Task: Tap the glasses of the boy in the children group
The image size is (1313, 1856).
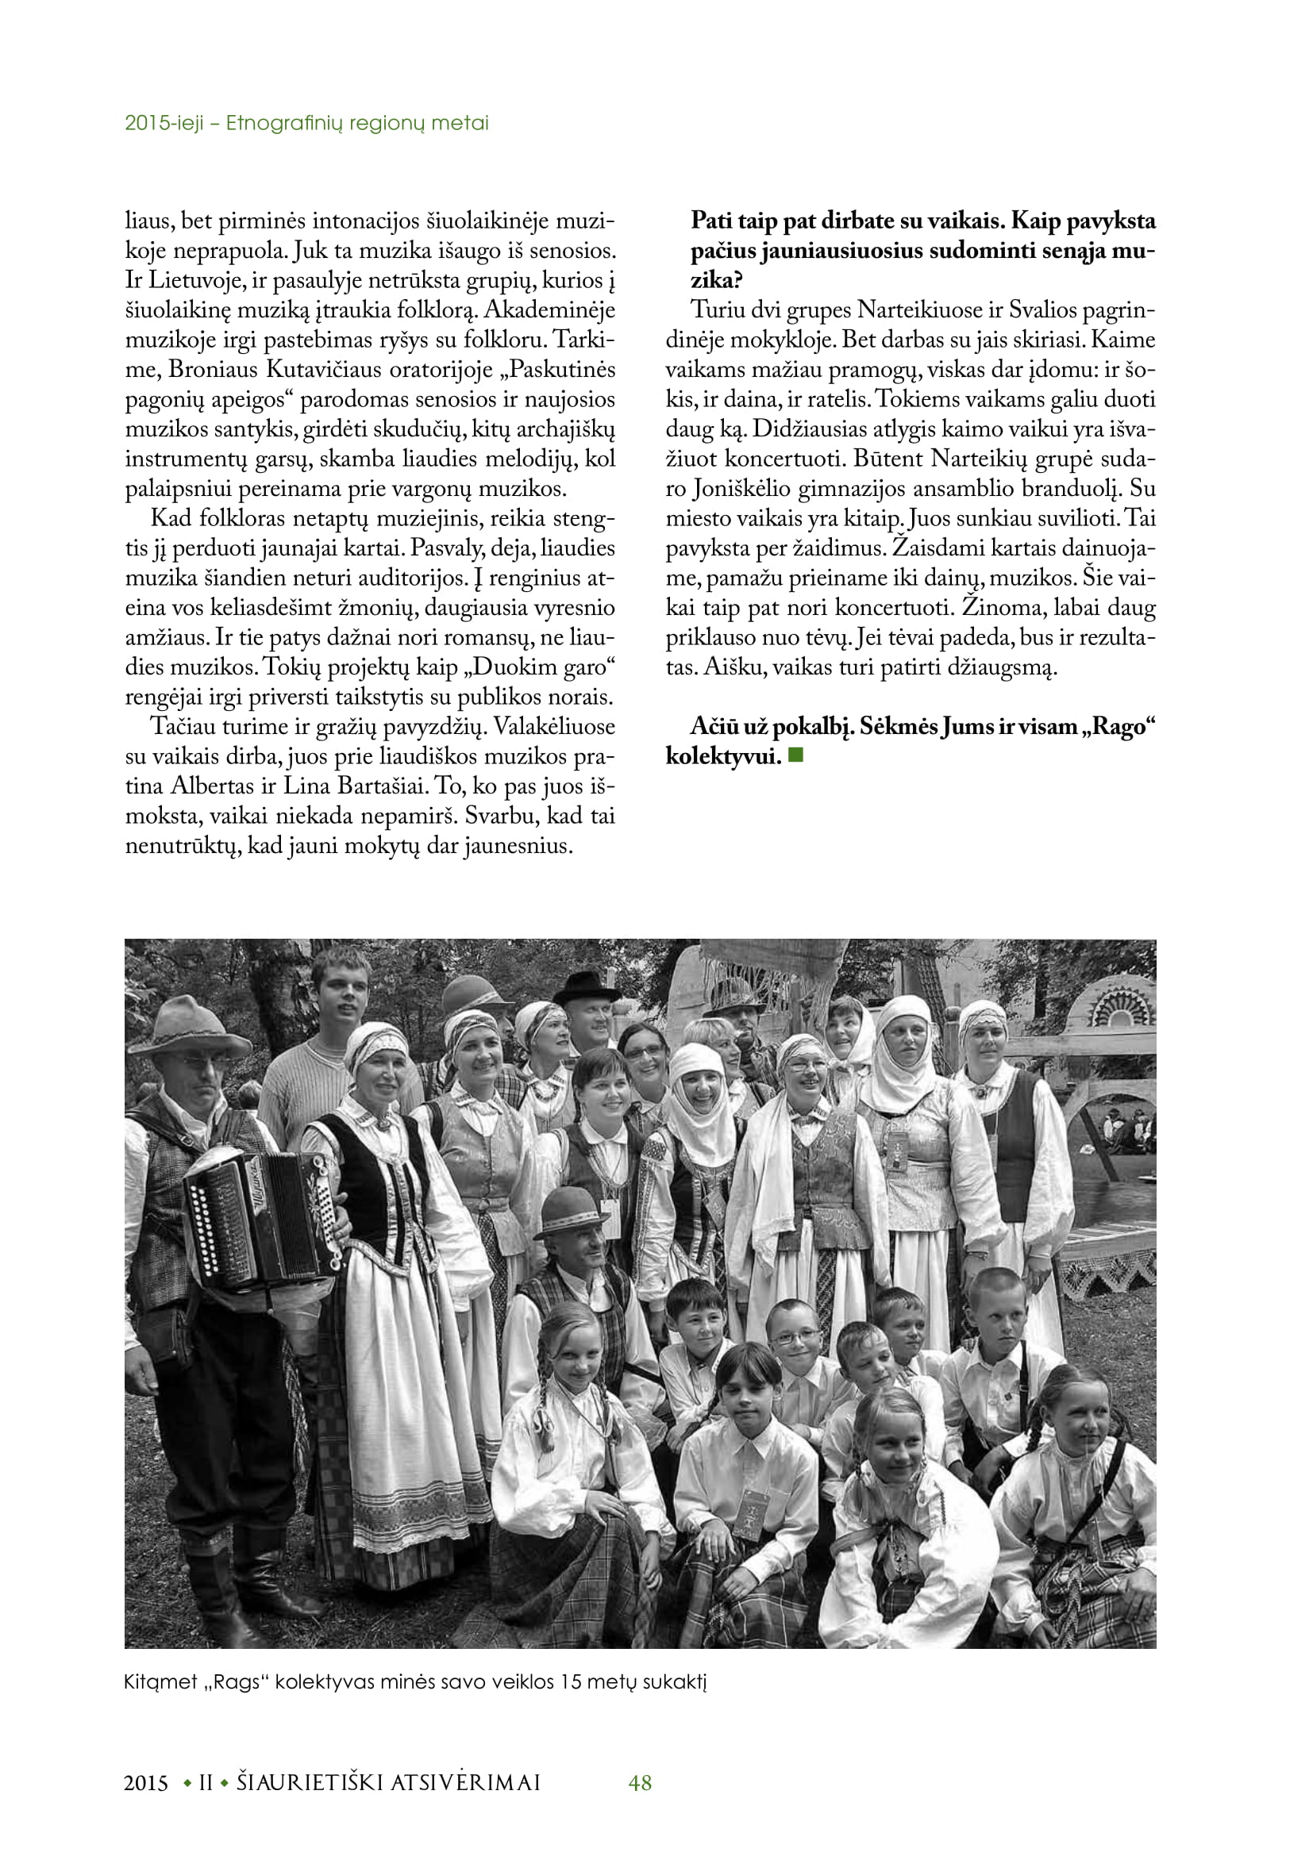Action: click(x=795, y=1335)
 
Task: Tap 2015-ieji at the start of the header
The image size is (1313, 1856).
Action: click(x=164, y=123)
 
